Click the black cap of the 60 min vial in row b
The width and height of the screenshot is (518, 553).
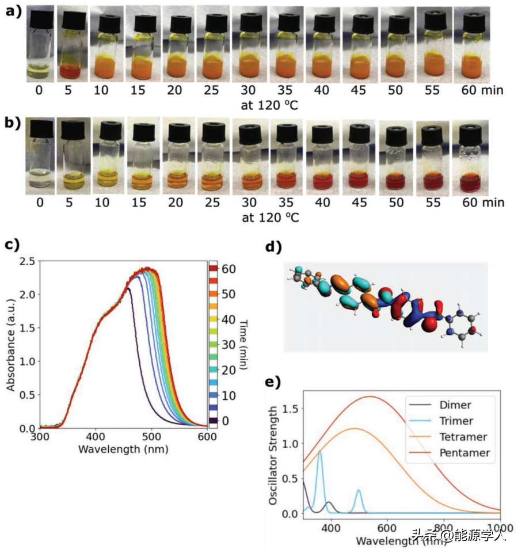click(470, 134)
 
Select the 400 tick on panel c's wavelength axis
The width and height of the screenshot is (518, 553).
click(96, 438)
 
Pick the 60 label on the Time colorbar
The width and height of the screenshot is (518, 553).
click(230, 269)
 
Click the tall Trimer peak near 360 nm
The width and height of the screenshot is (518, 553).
click(320, 452)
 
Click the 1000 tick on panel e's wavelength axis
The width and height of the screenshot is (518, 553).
click(498, 527)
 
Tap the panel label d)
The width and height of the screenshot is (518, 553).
click(272, 248)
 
